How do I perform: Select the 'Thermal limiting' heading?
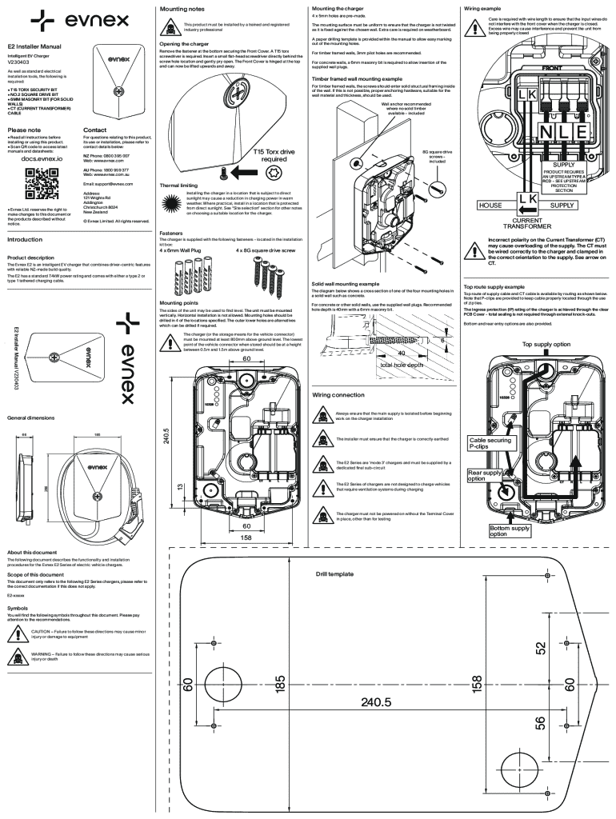pos(178,185)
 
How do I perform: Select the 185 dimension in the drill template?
pos(280,683)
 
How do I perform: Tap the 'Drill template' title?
pos(334,574)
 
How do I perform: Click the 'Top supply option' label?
pos(546,343)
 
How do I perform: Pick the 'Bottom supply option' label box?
pos(510,531)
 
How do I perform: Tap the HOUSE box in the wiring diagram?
pos(490,206)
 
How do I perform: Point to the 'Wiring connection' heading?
pos(338,395)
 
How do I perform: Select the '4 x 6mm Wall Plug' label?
pos(184,250)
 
